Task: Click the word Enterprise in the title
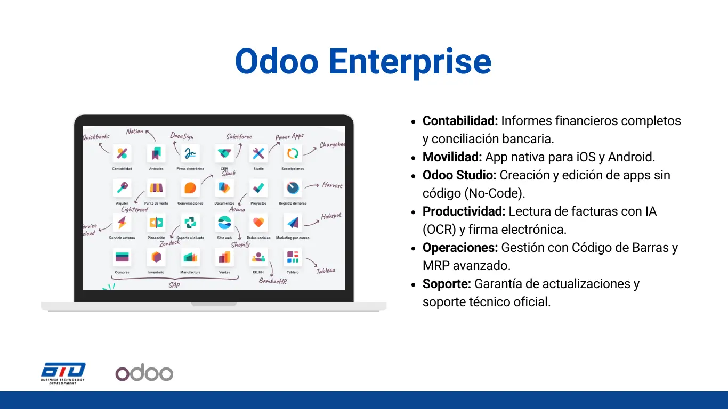(x=410, y=62)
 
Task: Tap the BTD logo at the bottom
(x=63, y=373)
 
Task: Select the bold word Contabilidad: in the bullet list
(x=460, y=121)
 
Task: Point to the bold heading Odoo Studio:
(x=459, y=175)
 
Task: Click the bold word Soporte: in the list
(x=447, y=284)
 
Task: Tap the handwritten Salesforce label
(x=239, y=136)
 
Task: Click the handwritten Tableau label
(x=326, y=271)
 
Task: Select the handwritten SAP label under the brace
(x=174, y=285)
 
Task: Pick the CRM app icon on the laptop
(x=224, y=153)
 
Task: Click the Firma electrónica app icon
(x=190, y=153)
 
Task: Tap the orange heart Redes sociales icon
(x=258, y=223)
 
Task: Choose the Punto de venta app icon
(x=156, y=188)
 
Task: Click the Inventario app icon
(x=156, y=257)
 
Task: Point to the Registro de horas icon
(x=293, y=188)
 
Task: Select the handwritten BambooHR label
(x=273, y=281)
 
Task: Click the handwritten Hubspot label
(x=331, y=216)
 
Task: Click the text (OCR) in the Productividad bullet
(x=439, y=230)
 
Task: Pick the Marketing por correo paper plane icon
(x=293, y=223)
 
